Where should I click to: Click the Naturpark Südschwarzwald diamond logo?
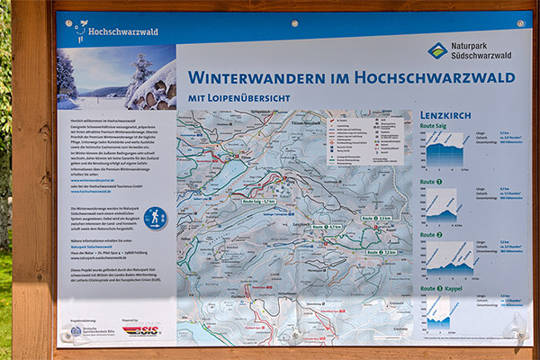437,50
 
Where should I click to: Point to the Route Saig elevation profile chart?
445,150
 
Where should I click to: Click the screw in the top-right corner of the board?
520,22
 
